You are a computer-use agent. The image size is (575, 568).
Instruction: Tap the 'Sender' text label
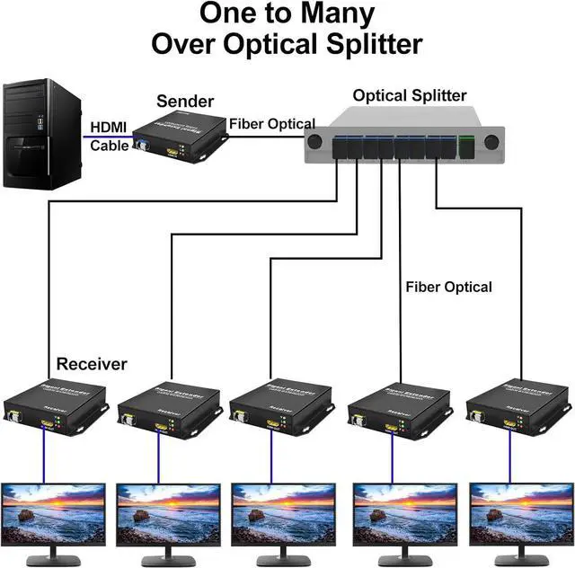click(185, 101)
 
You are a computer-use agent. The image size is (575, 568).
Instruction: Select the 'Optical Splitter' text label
click(410, 95)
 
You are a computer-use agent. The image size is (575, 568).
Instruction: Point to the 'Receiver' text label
click(92, 364)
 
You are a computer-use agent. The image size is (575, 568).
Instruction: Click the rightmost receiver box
click(517, 404)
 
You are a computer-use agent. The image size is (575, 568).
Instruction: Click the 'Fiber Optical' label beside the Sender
click(271, 124)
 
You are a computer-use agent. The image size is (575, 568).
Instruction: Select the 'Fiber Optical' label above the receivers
click(448, 287)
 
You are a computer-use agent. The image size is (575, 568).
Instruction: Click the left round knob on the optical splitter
click(314, 142)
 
